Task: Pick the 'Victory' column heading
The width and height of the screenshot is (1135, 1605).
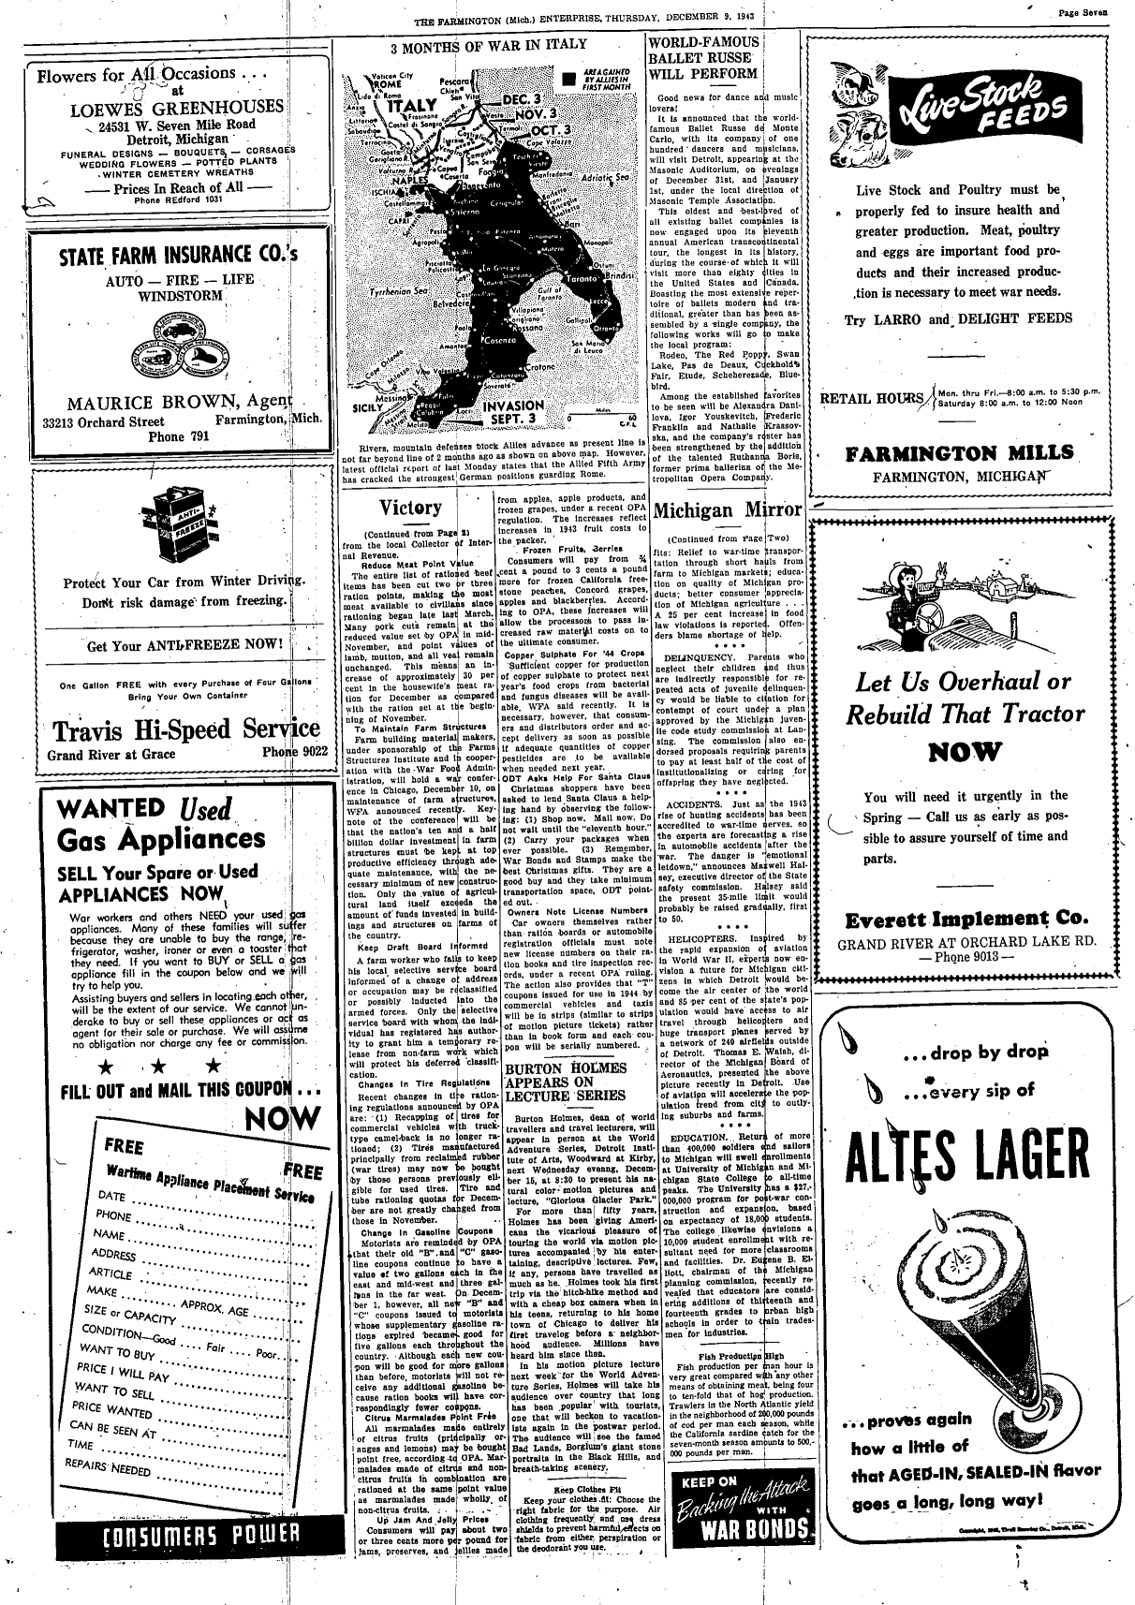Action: tap(410, 508)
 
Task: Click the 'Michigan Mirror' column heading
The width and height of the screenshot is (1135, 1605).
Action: tap(728, 511)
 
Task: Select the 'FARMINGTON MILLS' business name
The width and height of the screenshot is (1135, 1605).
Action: tap(959, 454)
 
